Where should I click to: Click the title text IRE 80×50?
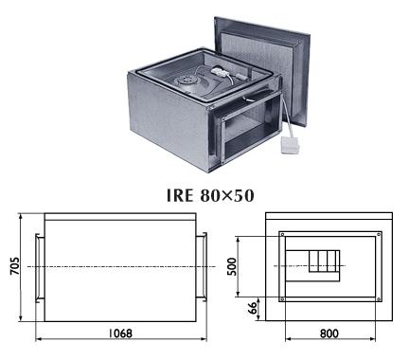click(210, 195)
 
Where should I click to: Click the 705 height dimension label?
click(14, 266)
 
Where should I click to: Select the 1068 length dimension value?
click(120, 333)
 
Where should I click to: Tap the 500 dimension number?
click(232, 266)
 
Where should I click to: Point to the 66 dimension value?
click(253, 308)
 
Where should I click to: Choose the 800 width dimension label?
click(329, 333)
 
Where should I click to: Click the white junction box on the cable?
click(291, 145)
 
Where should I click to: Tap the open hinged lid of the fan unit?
click(262, 71)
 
